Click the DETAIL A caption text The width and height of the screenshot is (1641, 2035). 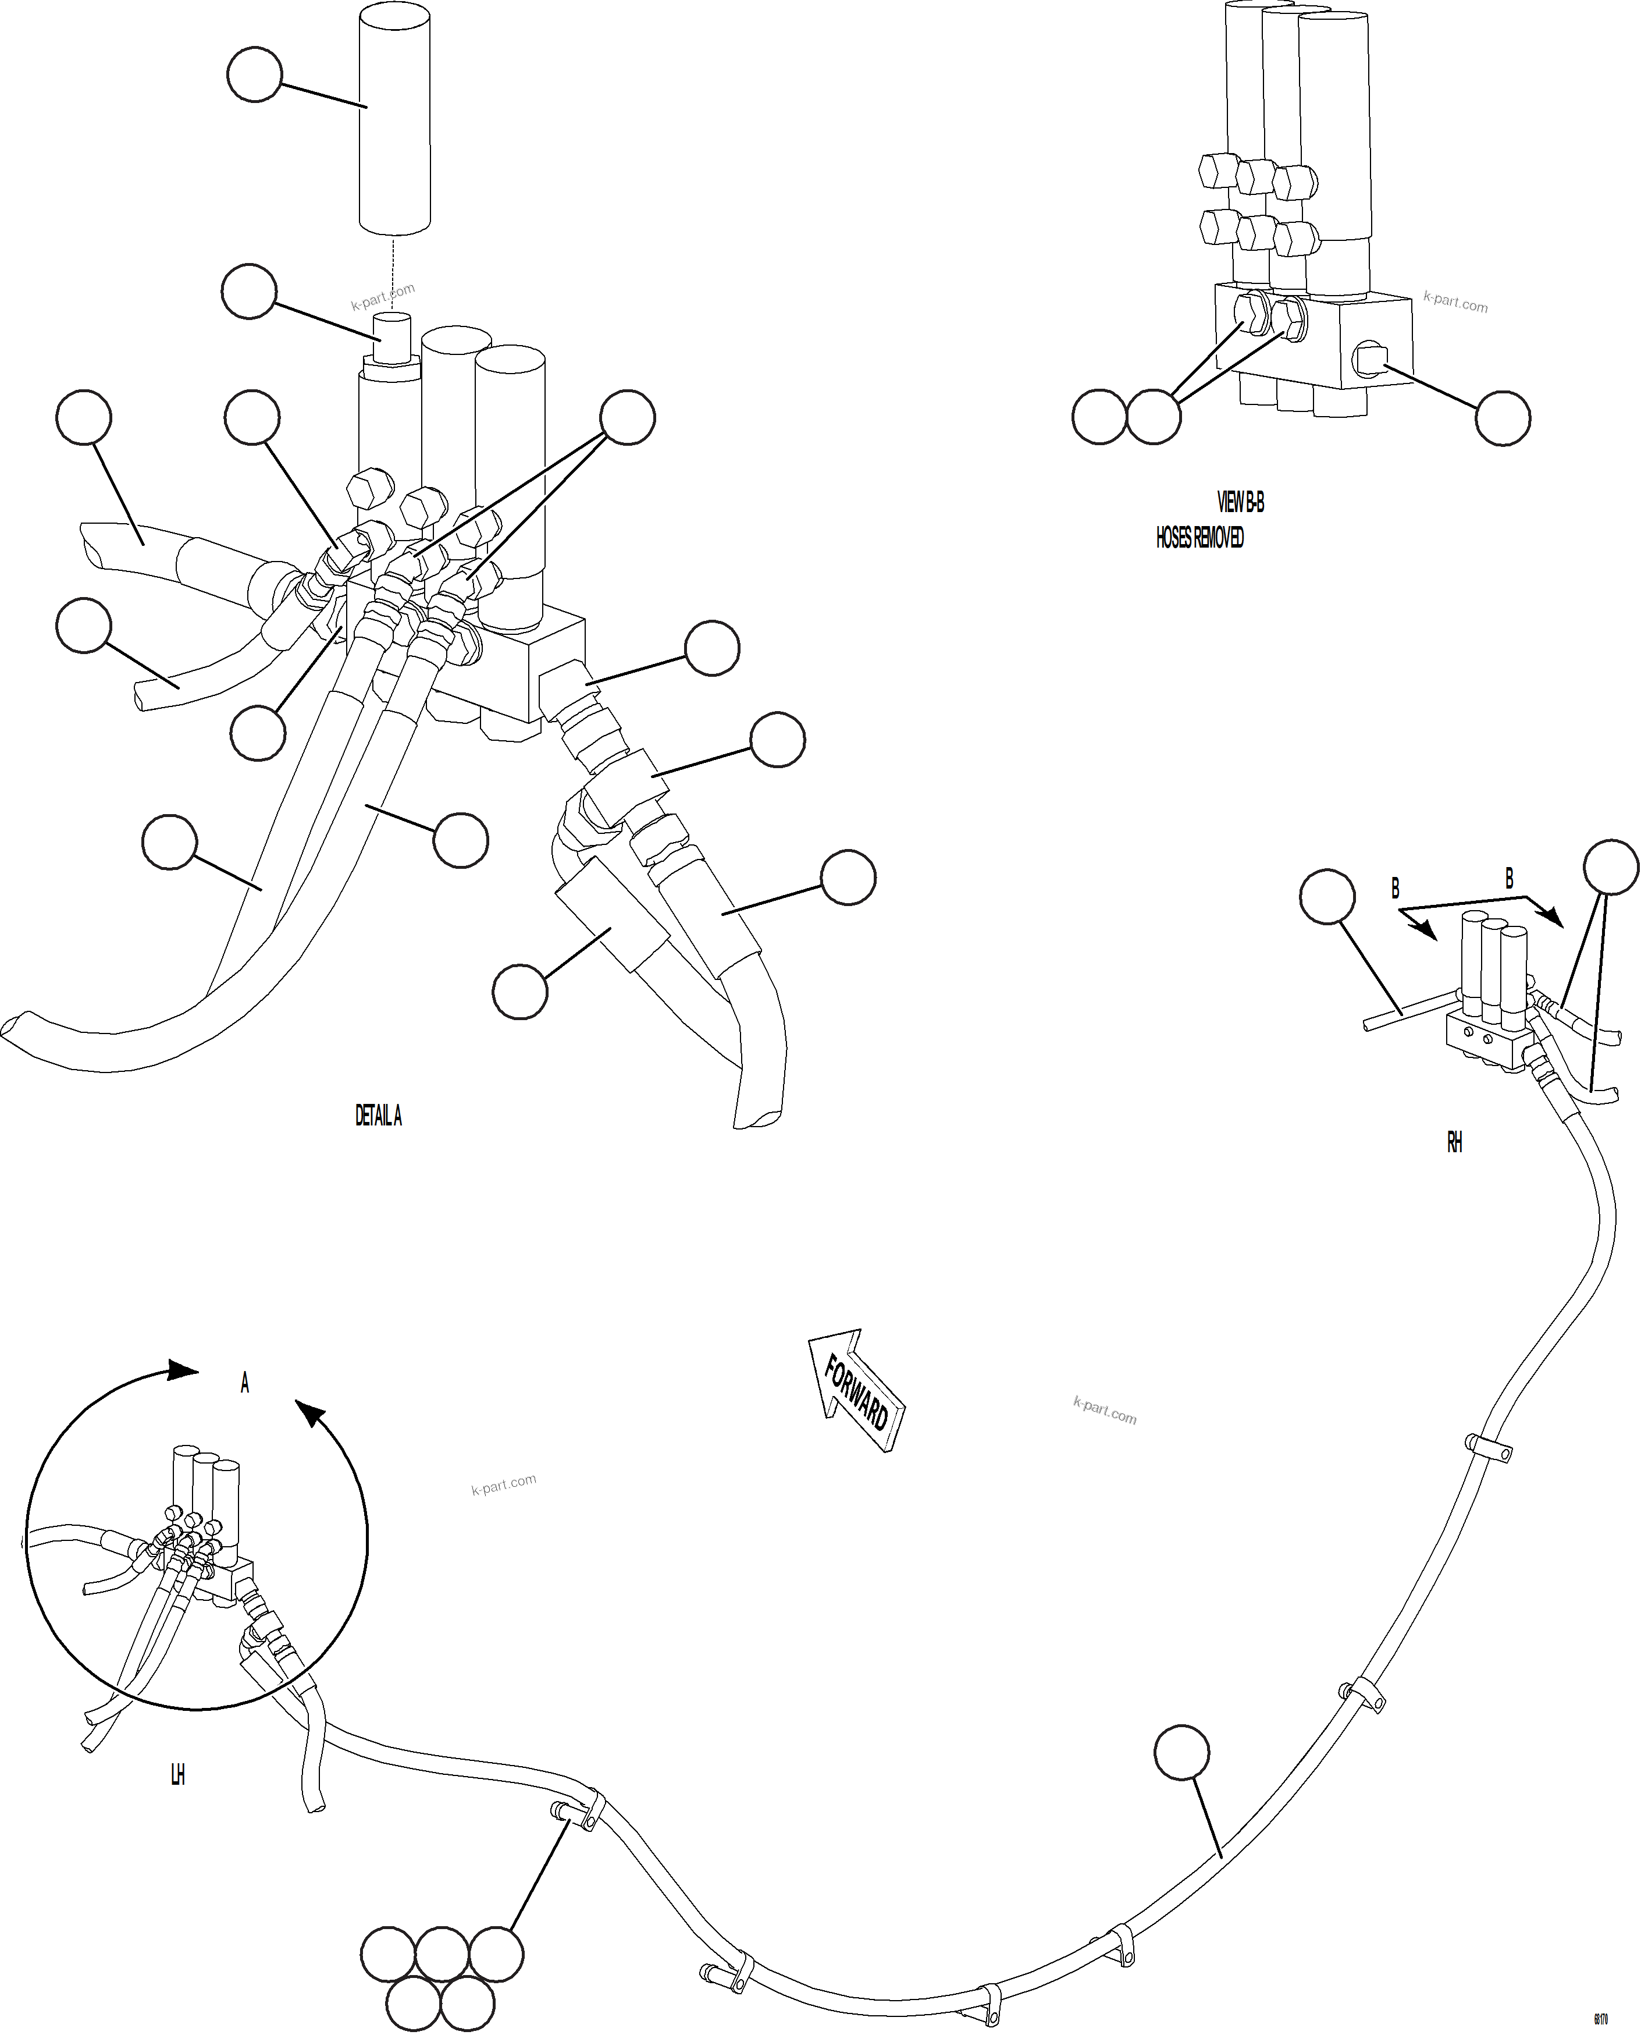coord(378,1116)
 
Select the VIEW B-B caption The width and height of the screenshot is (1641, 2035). coord(1240,502)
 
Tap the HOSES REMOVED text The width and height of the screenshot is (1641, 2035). coord(1199,537)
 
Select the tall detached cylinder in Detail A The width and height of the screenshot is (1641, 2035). coord(394,118)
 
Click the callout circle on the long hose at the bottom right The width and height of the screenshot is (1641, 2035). coord(1181,1752)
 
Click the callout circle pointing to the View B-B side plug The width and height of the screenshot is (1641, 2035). coord(1503,418)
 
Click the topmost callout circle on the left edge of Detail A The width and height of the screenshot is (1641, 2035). coord(84,417)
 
